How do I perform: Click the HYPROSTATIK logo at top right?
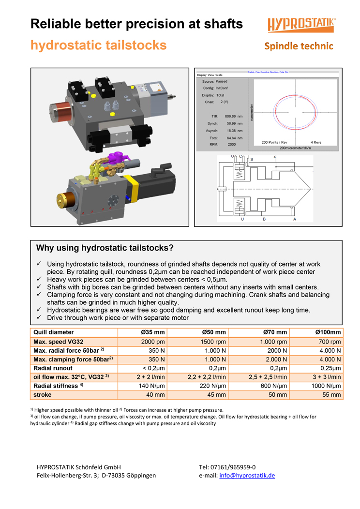click(301, 25)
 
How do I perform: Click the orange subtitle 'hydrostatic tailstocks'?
click(98, 45)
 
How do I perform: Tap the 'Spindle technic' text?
click(299, 46)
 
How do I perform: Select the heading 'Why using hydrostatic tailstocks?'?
click(105, 248)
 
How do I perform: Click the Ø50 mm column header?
click(213, 332)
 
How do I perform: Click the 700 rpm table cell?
click(330, 342)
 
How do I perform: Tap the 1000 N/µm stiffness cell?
click(326, 386)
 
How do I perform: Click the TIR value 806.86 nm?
click(233, 117)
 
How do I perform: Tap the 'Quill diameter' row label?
click(53, 332)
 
